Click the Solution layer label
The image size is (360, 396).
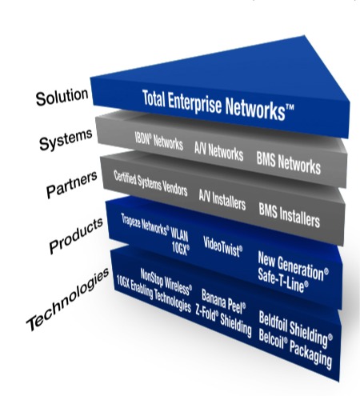pos(62,97)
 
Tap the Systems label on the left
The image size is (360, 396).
pos(66,140)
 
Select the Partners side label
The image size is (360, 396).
pos(71,185)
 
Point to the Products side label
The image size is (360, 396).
pos(76,235)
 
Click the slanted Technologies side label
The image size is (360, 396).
pos(68,299)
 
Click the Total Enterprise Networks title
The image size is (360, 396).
pos(218,105)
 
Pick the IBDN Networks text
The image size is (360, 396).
pos(159,141)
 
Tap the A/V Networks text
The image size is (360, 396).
pos(218,151)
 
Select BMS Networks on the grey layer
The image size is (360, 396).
pos(289,163)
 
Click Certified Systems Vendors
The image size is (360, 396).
pos(150,183)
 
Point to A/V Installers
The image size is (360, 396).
pos(222,200)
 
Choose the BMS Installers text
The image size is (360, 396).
pos(290,216)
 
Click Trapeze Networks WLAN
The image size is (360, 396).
pos(154,227)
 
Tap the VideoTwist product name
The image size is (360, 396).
pos(223,246)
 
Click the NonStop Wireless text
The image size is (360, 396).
pos(166,282)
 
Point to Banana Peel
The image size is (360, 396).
pos(223,302)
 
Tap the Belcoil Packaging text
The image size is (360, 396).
pos(295,349)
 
